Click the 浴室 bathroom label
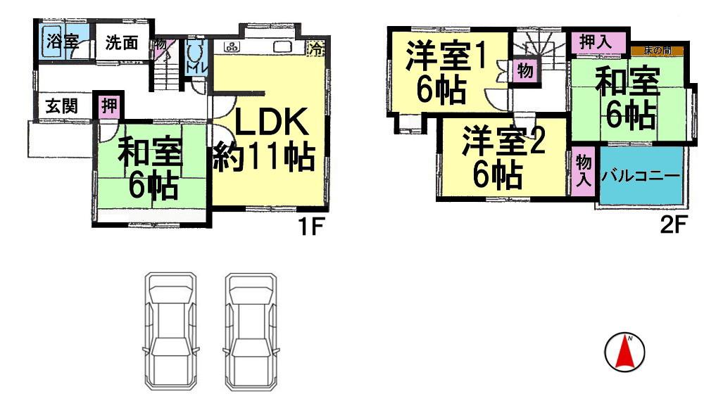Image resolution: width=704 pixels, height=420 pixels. pos(62,41)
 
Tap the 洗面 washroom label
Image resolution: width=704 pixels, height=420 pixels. pos(121,42)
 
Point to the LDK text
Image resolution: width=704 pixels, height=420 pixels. pos(270,125)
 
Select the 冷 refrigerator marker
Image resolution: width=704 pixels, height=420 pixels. pos(318,49)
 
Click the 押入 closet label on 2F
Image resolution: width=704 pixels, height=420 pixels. pos(596,42)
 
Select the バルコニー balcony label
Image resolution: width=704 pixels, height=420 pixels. pos(641,177)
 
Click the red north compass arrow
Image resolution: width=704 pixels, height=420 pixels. pos(624,352)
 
